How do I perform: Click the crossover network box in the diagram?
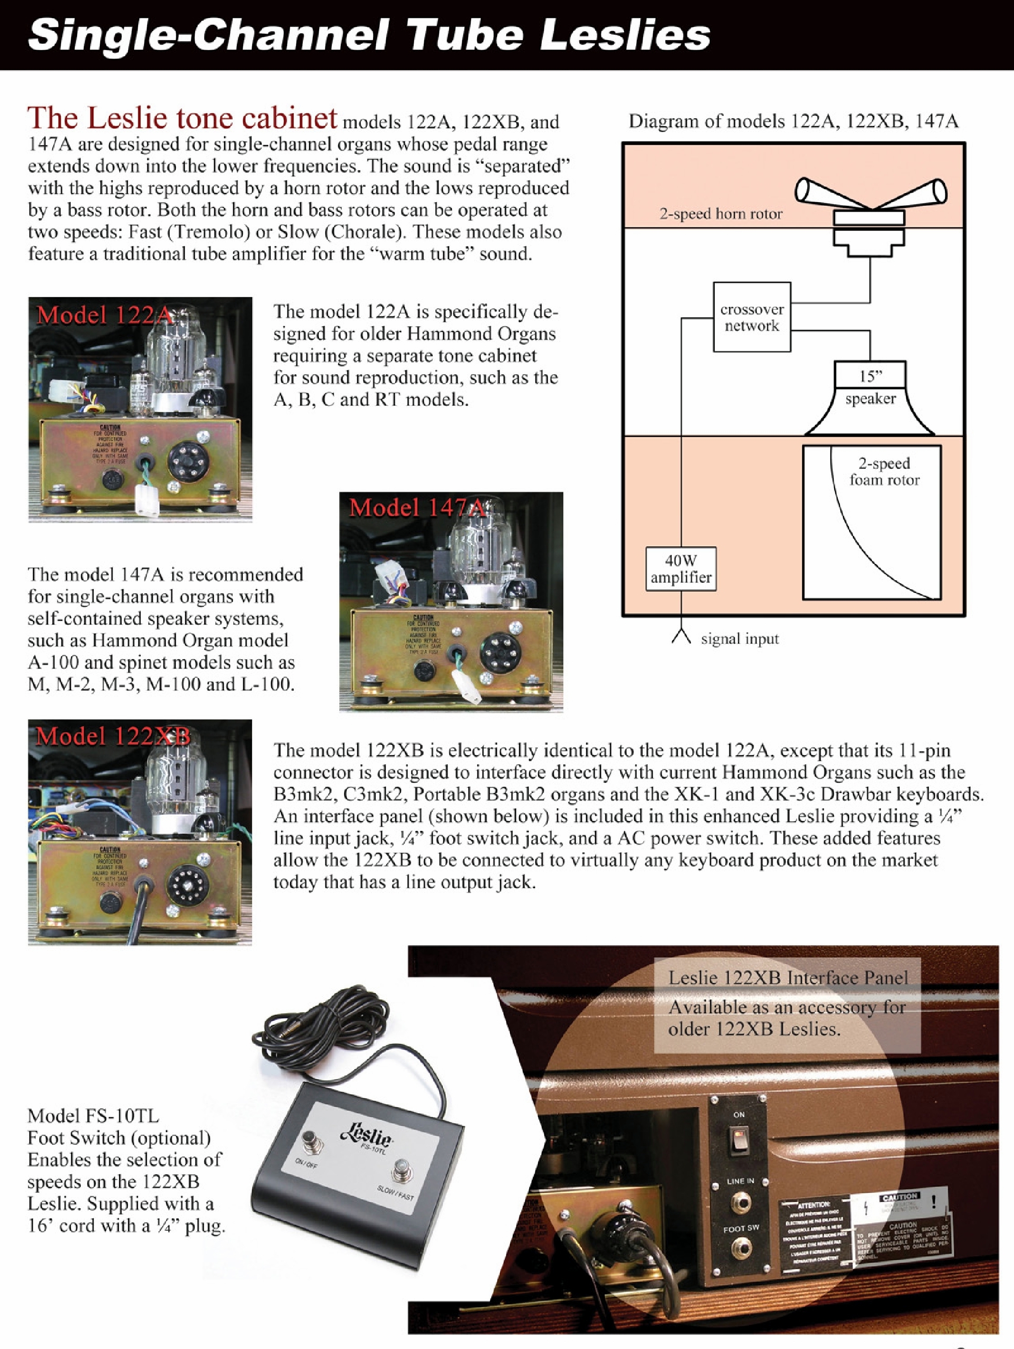coord(752,317)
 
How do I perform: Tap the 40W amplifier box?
coord(681,569)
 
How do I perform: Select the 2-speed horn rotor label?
coord(721,214)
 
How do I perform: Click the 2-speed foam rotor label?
coord(884,471)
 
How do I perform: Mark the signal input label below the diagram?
coord(740,639)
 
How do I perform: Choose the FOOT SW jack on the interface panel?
coord(740,1250)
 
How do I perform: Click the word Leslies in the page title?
coord(626,35)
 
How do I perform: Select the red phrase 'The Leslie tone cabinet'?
coord(181,118)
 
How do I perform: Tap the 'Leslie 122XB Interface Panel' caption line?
coord(788,978)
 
